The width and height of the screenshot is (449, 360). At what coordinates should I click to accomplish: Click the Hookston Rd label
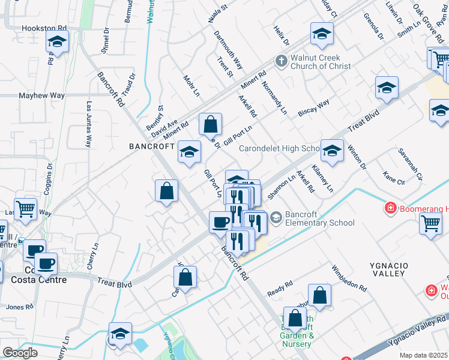[44, 28]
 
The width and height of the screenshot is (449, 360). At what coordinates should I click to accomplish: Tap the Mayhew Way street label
[25, 95]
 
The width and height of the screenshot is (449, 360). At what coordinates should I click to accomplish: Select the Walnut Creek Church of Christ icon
[280, 61]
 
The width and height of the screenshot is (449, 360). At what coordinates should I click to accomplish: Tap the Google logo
[20, 352]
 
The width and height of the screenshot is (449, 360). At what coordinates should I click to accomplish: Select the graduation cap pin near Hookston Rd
[58, 41]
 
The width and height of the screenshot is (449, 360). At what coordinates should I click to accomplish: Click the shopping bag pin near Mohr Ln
[210, 125]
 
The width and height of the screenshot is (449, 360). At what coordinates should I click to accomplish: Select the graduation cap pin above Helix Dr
[322, 35]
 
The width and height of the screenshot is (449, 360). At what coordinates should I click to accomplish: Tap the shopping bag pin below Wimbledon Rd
[319, 296]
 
